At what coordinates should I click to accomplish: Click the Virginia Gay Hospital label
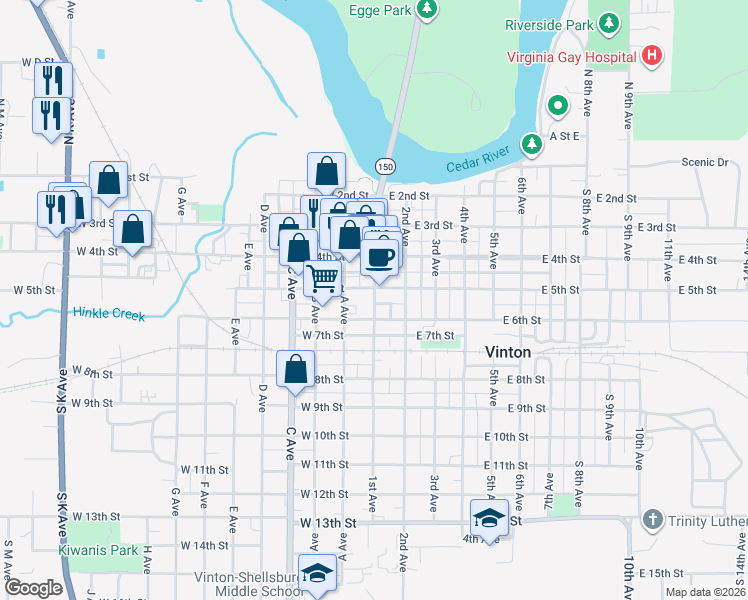click(572, 56)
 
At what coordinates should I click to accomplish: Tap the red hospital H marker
click(651, 55)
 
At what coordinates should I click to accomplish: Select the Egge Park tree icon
click(427, 10)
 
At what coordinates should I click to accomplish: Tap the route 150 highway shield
click(385, 165)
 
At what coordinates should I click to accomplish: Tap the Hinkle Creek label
click(109, 314)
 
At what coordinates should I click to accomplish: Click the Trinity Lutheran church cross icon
click(651, 520)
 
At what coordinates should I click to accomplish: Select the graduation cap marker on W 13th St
click(489, 518)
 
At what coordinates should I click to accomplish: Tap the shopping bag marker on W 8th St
click(296, 368)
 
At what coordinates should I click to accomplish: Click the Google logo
click(33, 588)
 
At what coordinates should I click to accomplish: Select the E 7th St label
click(435, 335)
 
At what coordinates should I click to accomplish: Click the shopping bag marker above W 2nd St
click(326, 171)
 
